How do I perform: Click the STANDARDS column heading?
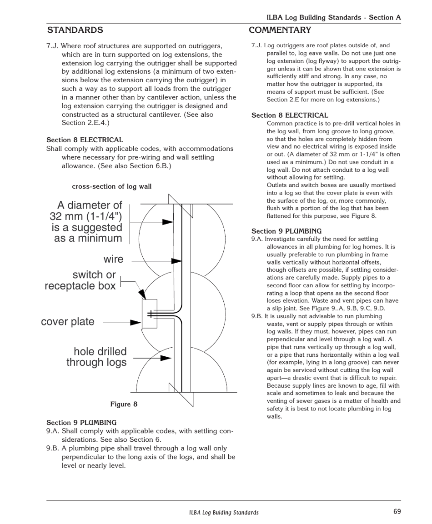click(75, 30)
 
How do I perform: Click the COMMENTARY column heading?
click(280, 30)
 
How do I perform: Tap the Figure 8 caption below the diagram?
click(124, 404)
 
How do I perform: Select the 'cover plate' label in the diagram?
click(68, 322)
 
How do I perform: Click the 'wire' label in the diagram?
click(113, 259)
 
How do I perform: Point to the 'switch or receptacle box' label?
click(80, 280)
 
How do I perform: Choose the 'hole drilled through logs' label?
click(96, 357)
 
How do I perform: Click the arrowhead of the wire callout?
click(176, 261)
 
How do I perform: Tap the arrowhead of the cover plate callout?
click(136, 322)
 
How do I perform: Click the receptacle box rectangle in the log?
click(150, 314)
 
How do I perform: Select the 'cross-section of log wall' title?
click(111, 186)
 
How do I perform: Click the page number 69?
click(397, 511)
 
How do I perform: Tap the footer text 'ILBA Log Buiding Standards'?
click(224, 512)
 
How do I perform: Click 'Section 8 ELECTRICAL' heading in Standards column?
click(85, 140)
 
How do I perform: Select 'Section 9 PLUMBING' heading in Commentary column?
click(286, 231)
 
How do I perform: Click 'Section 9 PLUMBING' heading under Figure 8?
click(81, 422)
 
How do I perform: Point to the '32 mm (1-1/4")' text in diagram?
click(86, 216)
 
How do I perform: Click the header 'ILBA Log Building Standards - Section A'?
click(333, 17)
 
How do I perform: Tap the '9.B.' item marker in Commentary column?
click(257, 316)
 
